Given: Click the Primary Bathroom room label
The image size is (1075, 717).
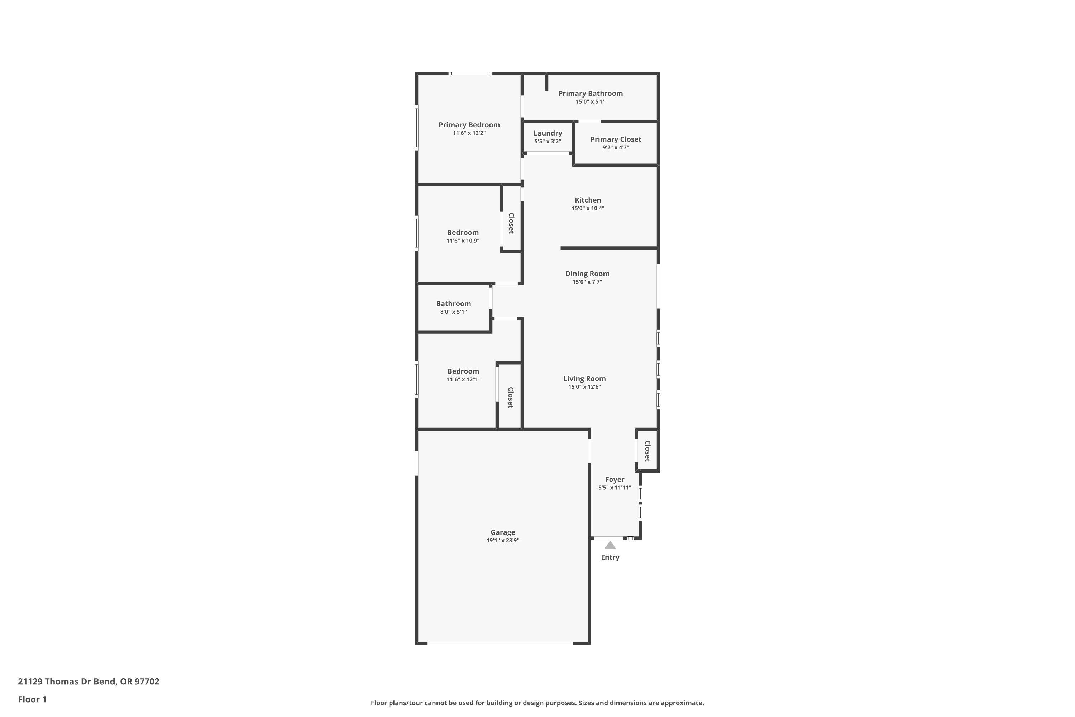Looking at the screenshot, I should (590, 93).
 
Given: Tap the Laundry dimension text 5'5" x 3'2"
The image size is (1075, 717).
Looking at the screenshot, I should (547, 142).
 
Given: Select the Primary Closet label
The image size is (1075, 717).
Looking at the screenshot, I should (615, 139).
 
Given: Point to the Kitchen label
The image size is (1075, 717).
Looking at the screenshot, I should (587, 200).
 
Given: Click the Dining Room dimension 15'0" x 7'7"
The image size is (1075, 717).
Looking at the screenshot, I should (587, 282).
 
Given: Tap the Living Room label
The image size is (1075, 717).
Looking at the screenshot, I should (584, 378).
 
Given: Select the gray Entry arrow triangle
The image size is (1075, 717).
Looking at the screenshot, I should (610, 545).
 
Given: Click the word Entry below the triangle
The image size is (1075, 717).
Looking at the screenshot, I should (610, 557).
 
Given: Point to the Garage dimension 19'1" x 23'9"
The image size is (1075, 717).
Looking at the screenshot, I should (502, 541).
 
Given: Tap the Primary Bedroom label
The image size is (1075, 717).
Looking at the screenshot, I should (469, 124).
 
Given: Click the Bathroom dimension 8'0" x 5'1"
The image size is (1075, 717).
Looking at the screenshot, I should (453, 312).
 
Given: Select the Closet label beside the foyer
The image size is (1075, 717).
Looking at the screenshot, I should (647, 451).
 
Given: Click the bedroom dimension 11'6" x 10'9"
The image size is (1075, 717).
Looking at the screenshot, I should (463, 241).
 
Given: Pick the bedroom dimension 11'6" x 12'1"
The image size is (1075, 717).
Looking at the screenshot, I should (463, 380).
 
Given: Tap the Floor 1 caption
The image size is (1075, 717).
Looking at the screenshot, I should (32, 699).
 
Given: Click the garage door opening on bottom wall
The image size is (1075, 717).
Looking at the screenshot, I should (500, 644).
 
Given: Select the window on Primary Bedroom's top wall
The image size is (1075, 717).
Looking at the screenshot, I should (470, 73).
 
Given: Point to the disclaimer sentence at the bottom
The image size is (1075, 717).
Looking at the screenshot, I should (537, 703).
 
